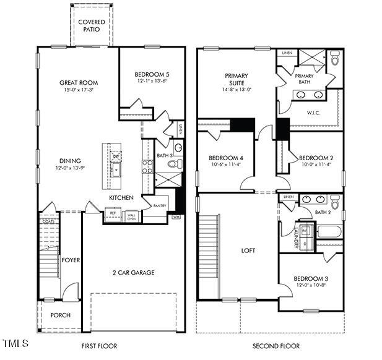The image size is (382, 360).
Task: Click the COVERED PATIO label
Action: pyautogui.click(x=92, y=26)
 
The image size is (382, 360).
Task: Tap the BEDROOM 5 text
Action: pyautogui.click(x=152, y=74)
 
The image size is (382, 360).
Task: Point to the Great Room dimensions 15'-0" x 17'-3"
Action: pyautogui.click(x=79, y=90)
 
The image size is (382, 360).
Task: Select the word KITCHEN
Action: pyautogui.click(x=121, y=197)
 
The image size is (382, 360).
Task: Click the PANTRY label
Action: pyautogui.click(x=160, y=205)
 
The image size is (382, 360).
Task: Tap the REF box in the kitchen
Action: pyautogui.click(x=113, y=213)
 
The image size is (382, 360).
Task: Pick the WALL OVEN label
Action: pyautogui.click(x=131, y=216)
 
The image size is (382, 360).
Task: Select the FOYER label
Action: pyautogui.click(x=71, y=260)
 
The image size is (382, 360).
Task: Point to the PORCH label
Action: pyautogui.click(x=60, y=315)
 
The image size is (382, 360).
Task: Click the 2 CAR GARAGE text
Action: pyautogui.click(x=133, y=272)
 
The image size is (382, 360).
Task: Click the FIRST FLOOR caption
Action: pyautogui.click(x=99, y=346)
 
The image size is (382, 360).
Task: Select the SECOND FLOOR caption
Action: pyautogui.click(x=276, y=346)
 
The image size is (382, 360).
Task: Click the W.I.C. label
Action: pyautogui.click(x=314, y=113)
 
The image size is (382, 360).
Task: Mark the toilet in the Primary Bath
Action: pyautogui.click(x=335, y=59)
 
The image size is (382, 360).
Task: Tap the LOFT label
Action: pyautogui.click(x=248, y=251)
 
